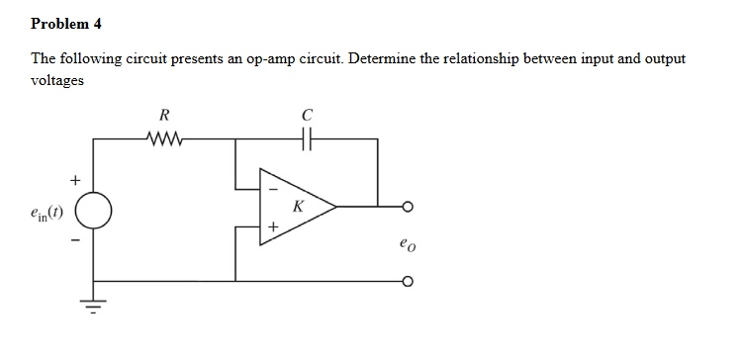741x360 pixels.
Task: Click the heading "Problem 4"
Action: [x=66, y=22]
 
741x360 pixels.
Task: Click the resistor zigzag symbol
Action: [x=164, y=138]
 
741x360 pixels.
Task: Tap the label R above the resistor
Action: [x=164, y=117]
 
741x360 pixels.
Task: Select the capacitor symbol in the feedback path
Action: [x=307, y=138]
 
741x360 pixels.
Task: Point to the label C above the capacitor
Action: [x=307, y=117]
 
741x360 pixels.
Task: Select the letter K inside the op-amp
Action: [x=296, y=207]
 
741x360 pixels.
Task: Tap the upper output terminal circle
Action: [x=407, y=208]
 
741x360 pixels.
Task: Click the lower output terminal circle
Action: [x=407, y=280]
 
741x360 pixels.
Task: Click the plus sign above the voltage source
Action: [x=71, y=180]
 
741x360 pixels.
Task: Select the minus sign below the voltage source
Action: [x=71, y=239]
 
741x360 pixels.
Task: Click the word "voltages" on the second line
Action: [x=56, y=81]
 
